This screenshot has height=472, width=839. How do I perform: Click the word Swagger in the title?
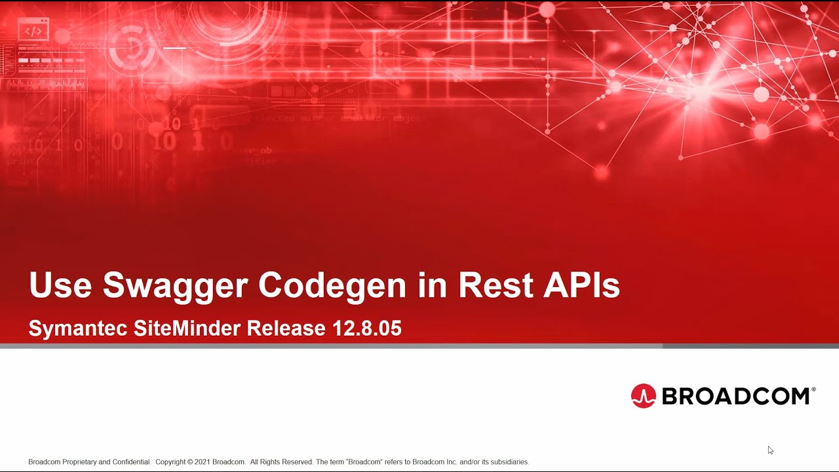[175, 286]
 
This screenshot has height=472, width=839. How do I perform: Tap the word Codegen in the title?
[332, 286]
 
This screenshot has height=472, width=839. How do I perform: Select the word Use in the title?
[61, 286]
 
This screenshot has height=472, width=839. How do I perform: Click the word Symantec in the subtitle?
[78, 328]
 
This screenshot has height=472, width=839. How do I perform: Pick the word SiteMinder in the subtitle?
[187, 328]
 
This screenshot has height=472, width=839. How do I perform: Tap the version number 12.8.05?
[367, 328]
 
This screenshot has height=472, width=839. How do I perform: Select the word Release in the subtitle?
[286, 328]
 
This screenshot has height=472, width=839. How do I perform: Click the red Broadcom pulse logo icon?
[643, 396]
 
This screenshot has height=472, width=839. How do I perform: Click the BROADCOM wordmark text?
[735, 396]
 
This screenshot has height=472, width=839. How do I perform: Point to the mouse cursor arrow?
[770, 450]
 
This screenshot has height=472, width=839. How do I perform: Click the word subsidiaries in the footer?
[509, 462]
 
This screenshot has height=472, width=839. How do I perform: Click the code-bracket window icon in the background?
[33, 30]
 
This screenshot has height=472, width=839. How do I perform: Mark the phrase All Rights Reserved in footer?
[281, 462]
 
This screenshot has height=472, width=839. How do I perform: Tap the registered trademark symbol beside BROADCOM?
[813, 389]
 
